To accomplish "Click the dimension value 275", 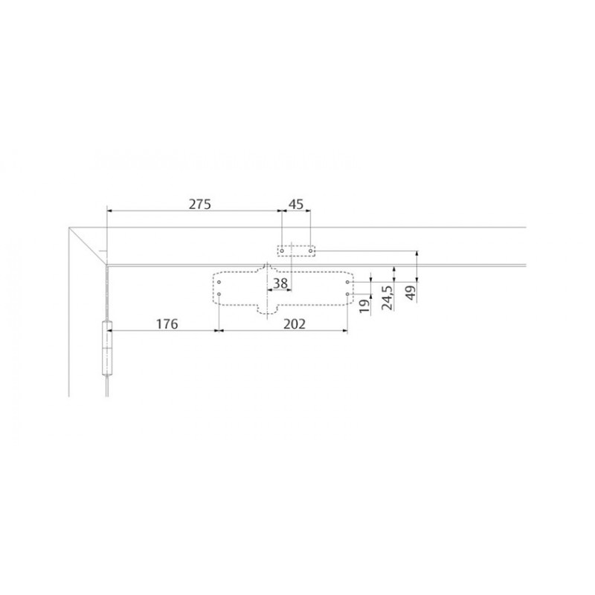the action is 199,204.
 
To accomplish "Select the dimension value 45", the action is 296,204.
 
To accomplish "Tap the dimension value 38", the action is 280,283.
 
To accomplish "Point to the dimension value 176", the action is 167,324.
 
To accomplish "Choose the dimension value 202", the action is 294,324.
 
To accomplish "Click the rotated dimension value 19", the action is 364,306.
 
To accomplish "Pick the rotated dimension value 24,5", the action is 387,298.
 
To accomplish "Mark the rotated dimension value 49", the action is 411,293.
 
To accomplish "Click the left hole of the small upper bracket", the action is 282,251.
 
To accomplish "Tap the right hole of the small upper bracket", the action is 311,251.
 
